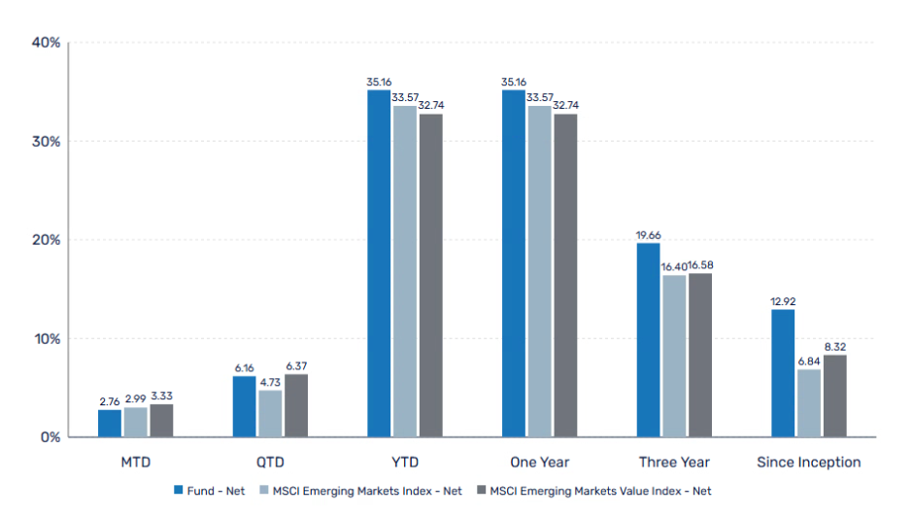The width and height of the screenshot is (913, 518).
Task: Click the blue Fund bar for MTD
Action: (110, 424)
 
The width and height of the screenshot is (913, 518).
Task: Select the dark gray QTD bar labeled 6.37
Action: (296, 406)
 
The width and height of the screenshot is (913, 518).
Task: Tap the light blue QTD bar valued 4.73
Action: (270, 414)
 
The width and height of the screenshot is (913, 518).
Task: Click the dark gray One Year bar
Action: (564, 276)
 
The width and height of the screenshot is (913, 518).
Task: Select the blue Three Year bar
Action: (648, 340)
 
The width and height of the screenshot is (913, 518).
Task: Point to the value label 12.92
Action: (783, 301)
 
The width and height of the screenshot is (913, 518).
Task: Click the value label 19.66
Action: (648, 235)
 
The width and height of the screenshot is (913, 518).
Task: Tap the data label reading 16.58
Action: (700, 265)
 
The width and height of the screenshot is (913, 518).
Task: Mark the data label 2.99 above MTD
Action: (136, 399)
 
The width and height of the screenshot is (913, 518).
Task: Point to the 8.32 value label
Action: (835, 347)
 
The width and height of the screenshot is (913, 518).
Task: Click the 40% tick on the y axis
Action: (46, 43)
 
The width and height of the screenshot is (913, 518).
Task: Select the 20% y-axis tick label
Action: (46, 240)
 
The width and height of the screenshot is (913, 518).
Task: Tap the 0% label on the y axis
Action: (51, 437)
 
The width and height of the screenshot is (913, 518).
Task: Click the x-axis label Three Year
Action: (674, 462)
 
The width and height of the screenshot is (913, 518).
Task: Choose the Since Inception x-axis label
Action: (809, 462)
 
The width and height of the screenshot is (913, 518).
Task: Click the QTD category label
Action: (270, 462)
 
